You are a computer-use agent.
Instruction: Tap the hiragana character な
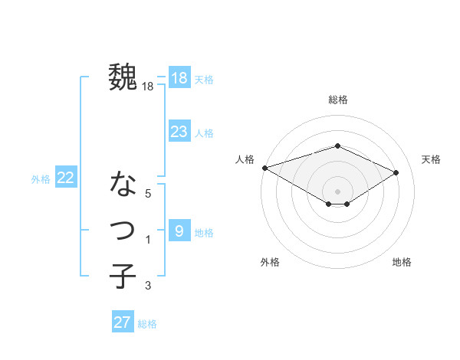[123, 184]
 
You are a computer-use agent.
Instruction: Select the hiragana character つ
[123, 230]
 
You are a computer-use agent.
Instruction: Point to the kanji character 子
[123, 276]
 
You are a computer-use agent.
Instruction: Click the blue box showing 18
[179, 78]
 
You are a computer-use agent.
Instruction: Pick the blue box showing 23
[179, 132]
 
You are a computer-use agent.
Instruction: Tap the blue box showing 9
[179, 231]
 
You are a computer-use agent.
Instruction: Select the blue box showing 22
[65, 178]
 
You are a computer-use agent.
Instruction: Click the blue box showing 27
[122, 322]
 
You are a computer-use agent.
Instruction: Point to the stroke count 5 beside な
[148, 194]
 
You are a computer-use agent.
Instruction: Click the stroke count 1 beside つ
[148, 241]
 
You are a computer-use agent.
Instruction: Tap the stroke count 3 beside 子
[148, 286]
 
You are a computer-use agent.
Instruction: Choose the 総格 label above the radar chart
[337, 100]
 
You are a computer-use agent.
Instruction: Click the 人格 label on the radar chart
[245, 159]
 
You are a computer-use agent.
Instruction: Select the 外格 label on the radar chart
[269, 262]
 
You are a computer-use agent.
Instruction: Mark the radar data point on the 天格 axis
[396, 172]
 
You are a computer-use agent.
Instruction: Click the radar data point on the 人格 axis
[264, 168]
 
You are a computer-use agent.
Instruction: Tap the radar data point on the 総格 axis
[337, 146]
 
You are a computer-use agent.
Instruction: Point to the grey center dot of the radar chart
[337, 191]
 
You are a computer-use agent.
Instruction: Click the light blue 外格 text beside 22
[41, 179]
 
